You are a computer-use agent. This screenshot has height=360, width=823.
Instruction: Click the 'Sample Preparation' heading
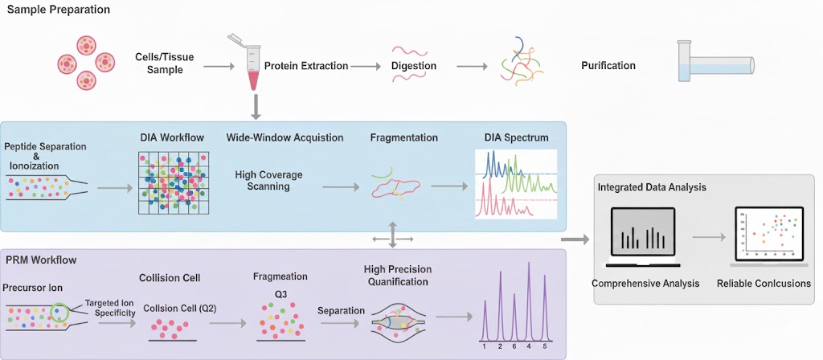click(x=59, y=10)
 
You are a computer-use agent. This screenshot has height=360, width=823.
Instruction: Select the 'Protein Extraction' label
click(x=306, y=66)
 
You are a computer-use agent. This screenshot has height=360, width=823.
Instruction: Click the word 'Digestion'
click(x=414, y=66)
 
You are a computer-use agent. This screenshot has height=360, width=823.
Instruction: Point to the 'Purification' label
click(x=608, y=66)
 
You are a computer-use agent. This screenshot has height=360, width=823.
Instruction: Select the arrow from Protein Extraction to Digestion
click(x=366, y=66)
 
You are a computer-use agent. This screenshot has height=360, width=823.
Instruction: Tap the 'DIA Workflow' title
click(x=171, y=137)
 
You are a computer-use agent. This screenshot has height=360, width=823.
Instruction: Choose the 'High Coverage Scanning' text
click(x=263, y=180)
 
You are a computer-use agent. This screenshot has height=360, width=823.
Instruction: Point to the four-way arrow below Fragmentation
click(x=393, y=237)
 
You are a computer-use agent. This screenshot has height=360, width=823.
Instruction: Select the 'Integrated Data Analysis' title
click(x=652, y=187)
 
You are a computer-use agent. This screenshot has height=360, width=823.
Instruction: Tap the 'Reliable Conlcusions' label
click(x=764, y=284)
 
